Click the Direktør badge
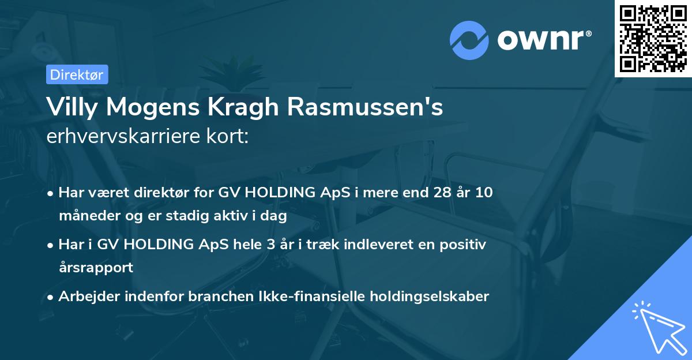point(77,74)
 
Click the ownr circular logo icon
point(469,40)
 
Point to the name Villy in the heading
point(75,107)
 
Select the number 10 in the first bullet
point(484,193)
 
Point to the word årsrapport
point(96,268)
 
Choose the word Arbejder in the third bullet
point(87,297)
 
